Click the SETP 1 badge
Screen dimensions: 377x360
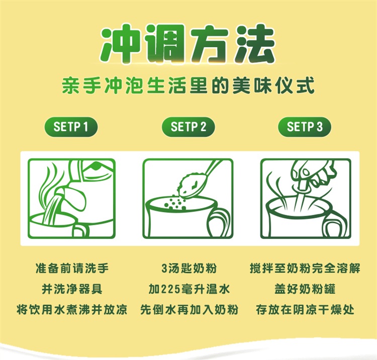click(x=71, y=127)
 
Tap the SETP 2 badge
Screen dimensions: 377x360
click(x=189, y=127)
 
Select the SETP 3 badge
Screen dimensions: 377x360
click(x=305, y=127)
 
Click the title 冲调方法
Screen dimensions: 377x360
click(x=187, y=44)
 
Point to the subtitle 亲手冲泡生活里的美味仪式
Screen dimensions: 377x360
click(x=189, y=85)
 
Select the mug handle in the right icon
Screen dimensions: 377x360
click(x=337, y=222)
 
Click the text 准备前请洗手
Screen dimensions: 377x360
click(x=72, y=268)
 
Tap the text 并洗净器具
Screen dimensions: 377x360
click(x=72, y=289)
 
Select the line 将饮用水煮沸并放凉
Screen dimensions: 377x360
click(x=72, y=310)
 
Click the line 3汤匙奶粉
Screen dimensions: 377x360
click(x=189, y=268)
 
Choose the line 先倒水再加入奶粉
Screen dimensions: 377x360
click(x=189, y=310)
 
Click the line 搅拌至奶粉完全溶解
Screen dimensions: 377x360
click(x=305, y=268)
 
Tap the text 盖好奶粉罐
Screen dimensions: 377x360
click(x=305, y=289)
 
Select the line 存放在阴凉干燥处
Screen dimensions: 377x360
click(x=305, y=310)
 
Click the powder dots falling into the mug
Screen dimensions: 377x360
click(x=175, y=203)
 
